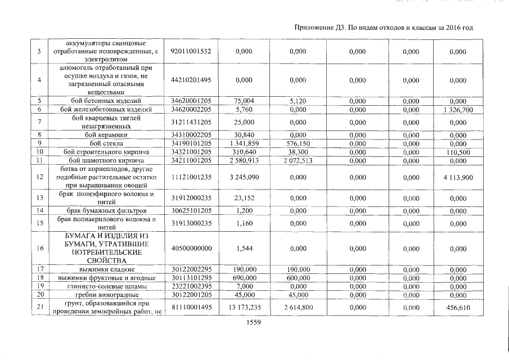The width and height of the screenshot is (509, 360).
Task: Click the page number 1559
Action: (x=254, y=323)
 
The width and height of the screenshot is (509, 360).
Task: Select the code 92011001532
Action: (x=191, y=52)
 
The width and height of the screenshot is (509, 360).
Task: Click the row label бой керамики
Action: (x=106, y=135)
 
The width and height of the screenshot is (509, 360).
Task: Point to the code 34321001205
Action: (x=191, y=152)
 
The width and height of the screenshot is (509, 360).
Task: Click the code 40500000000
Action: (x=191, y=248)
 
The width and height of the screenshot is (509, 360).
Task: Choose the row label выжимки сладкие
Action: (x=106, y=269)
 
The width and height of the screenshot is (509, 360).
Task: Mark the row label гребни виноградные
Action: (x=106, y=294)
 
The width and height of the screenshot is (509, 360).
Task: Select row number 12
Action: (x=40, y=178)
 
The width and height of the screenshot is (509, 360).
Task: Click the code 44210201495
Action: (x=191, y=80)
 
